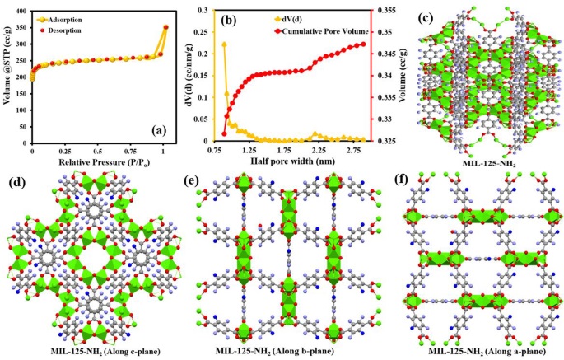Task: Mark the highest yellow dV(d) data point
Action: [224, 44]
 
